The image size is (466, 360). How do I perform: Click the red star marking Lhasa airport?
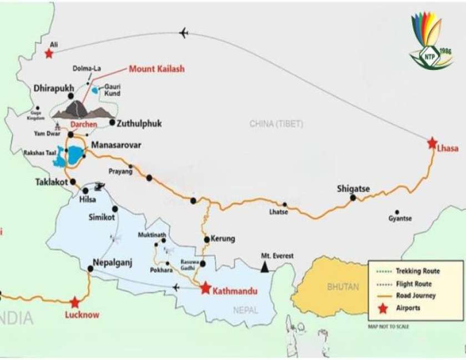point(432,143)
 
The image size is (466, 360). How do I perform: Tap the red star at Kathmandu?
point(205,288)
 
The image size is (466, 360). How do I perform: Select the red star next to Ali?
point(49,54)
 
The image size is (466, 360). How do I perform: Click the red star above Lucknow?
point(75,303)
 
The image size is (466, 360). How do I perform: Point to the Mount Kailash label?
point(156,69)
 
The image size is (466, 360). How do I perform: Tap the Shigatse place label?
point(353,189)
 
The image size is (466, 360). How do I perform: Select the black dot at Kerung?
point(206,240)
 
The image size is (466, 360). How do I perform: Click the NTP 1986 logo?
point(431,42)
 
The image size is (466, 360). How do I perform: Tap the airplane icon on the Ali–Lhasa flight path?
point(184,33)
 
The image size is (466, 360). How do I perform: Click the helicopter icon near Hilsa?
point(100,186)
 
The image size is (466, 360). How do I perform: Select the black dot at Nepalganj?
point(90,269)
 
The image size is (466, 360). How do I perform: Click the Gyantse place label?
point(400,219)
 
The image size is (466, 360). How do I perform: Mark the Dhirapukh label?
point(53,88)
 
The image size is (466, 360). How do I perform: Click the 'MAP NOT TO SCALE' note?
point(388,326)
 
